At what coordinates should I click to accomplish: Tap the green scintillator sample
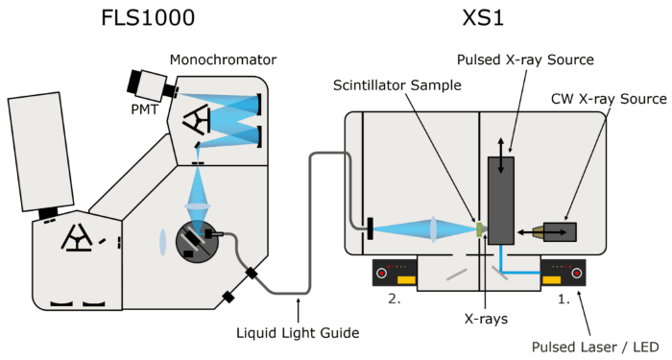coord(479,229)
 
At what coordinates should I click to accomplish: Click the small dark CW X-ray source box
coord(559,231)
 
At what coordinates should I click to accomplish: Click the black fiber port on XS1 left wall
coord(369,228)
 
